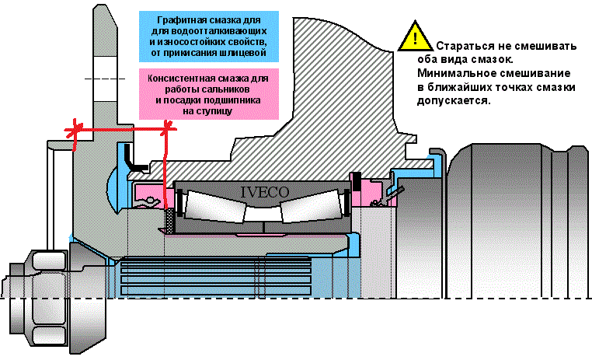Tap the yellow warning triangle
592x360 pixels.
[x=416, y=37]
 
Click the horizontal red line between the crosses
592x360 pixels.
[x=120, y=129]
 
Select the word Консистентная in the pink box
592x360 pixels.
[x=186, y=78]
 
